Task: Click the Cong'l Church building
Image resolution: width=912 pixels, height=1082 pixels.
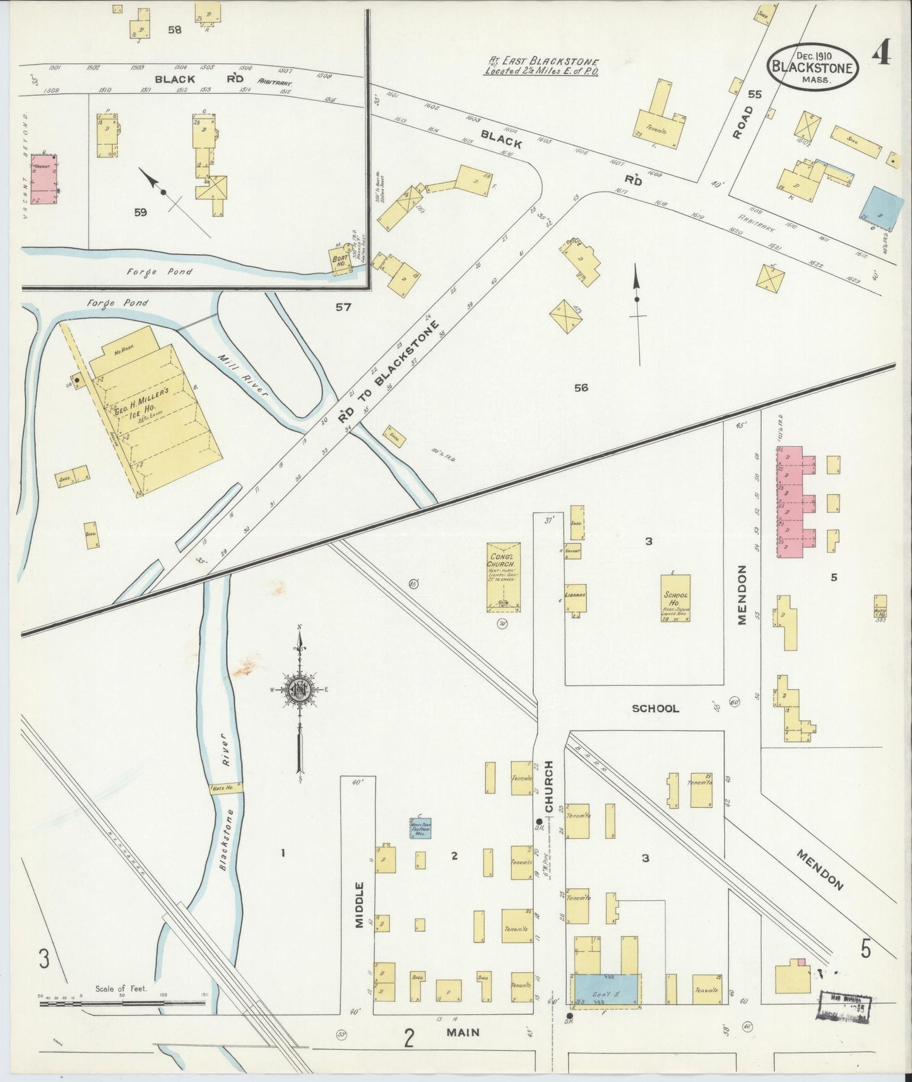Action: [503, 576]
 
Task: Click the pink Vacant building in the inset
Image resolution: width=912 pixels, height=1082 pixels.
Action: [44, 179]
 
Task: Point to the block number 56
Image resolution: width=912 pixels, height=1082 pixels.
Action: [581, 388]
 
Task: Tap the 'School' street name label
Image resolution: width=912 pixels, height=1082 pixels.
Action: [655, 708]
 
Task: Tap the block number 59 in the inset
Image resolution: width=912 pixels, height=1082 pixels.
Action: [140, 213]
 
